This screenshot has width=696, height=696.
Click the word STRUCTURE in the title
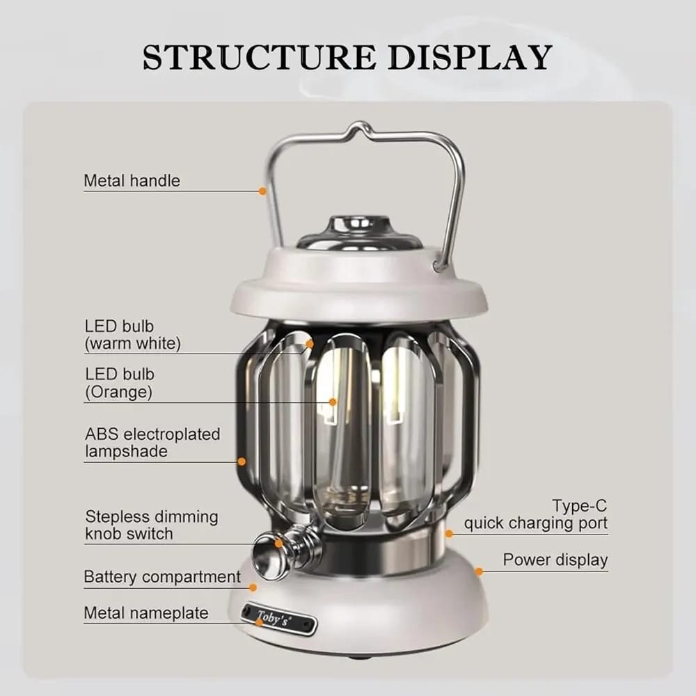tap(259, 57)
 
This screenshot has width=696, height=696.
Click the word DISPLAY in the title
tap(470, 57)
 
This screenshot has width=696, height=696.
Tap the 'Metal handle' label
tap(132, 181)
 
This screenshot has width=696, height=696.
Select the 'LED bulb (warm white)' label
tap(133, 335)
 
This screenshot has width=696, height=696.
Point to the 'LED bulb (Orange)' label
tap(120, 383)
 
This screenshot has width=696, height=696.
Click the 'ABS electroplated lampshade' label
tap(152, 443)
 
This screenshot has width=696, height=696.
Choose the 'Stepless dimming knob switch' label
tap(151, 525)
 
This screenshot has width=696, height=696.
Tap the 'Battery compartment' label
tap(162, 576)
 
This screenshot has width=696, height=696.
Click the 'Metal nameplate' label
tap(146, 613)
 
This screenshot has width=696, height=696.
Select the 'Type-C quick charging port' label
tap(536, 514)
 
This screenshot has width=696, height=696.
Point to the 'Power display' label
tap(555, 560)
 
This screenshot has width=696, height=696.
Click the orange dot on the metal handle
tap(262, 191)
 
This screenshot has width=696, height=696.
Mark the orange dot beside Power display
tap(479, 571)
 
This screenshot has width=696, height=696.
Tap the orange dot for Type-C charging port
tap(449, 534)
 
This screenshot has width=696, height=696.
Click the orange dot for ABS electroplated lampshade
tap(242, 461)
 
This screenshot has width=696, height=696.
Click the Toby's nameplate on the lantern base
tap(279, 618)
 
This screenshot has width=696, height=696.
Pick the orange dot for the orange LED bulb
tap(333, 402)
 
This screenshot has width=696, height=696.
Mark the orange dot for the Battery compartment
tap(253, 587)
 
